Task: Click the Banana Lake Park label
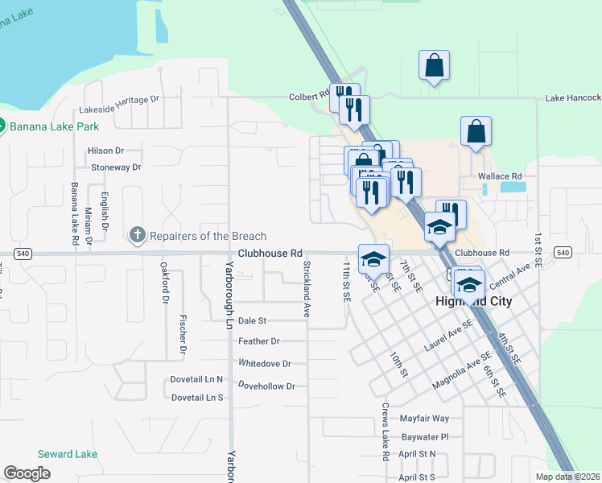(54, 126)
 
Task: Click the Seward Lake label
(68, 454)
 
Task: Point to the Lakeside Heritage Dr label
(120, 99)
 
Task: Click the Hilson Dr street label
(105, 151)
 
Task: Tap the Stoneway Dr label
(116, 167)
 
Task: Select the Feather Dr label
(258, 341)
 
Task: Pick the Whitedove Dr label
(264, 364)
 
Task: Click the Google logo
(27, 473)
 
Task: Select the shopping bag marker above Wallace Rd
(476, 131)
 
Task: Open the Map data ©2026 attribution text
(566, 477)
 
